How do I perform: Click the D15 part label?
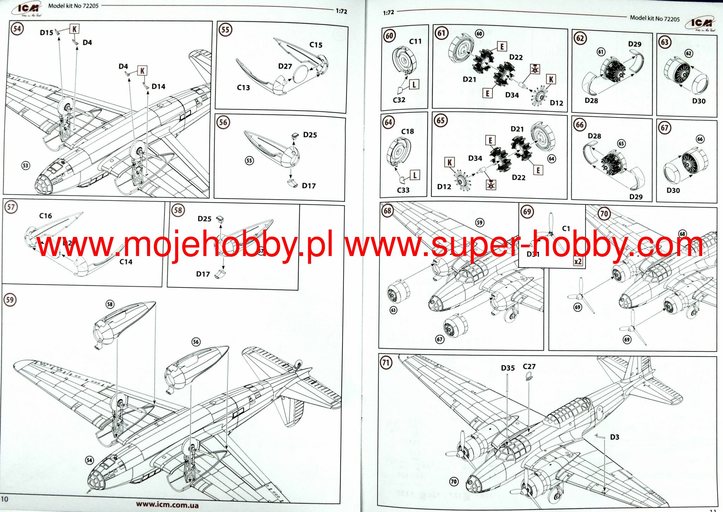[46, 33]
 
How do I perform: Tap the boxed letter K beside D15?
[74, 29]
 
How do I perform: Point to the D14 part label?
[158, 87]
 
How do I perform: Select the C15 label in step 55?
[316, 45]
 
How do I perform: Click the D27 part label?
[285, 66]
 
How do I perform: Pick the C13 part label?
[243, 88]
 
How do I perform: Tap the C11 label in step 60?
[415, 41]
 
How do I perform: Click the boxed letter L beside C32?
[414, 84]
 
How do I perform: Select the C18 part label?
[407, 131]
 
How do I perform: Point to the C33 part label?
[403, 190]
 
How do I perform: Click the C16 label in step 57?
[46, 216]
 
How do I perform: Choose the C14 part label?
[126, 262]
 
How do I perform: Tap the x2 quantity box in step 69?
[578, 262]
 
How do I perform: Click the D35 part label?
[508, 368]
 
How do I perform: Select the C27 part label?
[529, 367]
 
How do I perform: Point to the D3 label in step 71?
[615, 437]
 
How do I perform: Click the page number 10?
[4, 499]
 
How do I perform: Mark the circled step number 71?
[386, 362]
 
